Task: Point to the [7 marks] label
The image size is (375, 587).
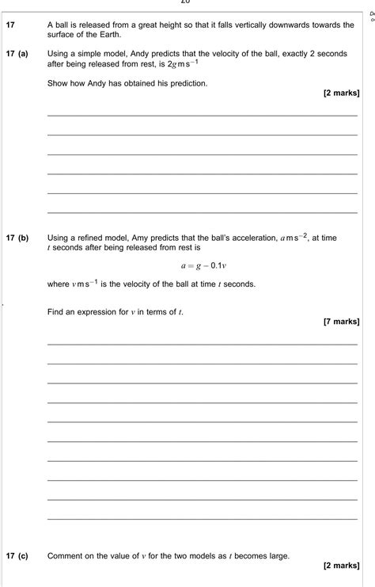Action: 342,322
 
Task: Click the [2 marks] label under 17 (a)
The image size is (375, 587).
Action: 342,93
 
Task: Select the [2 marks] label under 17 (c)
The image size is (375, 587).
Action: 342,566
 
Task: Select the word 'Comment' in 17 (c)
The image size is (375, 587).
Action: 66,556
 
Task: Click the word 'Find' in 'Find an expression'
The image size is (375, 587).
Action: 56,312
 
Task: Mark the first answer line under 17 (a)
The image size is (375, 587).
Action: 203,116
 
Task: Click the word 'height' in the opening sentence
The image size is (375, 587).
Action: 165,25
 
